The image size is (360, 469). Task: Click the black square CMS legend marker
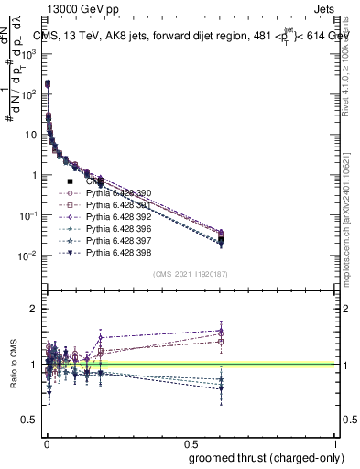(71, 181)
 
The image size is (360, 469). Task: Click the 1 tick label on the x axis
(337, 443)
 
